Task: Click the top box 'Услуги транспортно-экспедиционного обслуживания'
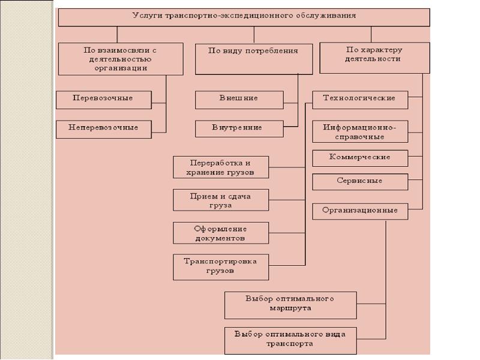pos(244,17)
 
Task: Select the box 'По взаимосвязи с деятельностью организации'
pos(121,59)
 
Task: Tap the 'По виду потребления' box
pos(253,59)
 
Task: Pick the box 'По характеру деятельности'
pos(374,58)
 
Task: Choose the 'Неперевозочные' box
pos(103,129)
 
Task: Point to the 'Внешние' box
pos(239,100)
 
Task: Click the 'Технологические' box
pos(359,100)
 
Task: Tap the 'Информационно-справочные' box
pos(359,132)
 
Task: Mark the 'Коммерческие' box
pos(359,158)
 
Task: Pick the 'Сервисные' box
pos(359,181)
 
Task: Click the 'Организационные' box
pos(359,211)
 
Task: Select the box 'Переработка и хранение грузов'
pos(221,167)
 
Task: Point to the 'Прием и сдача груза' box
pos(221,200)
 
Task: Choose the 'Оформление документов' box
pos(221,233)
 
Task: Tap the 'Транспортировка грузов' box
pos(221,267)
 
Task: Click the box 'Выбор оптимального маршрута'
pos(290,305)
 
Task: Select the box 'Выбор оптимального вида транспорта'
pos(290,340)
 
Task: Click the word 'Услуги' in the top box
pos(144,16)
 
